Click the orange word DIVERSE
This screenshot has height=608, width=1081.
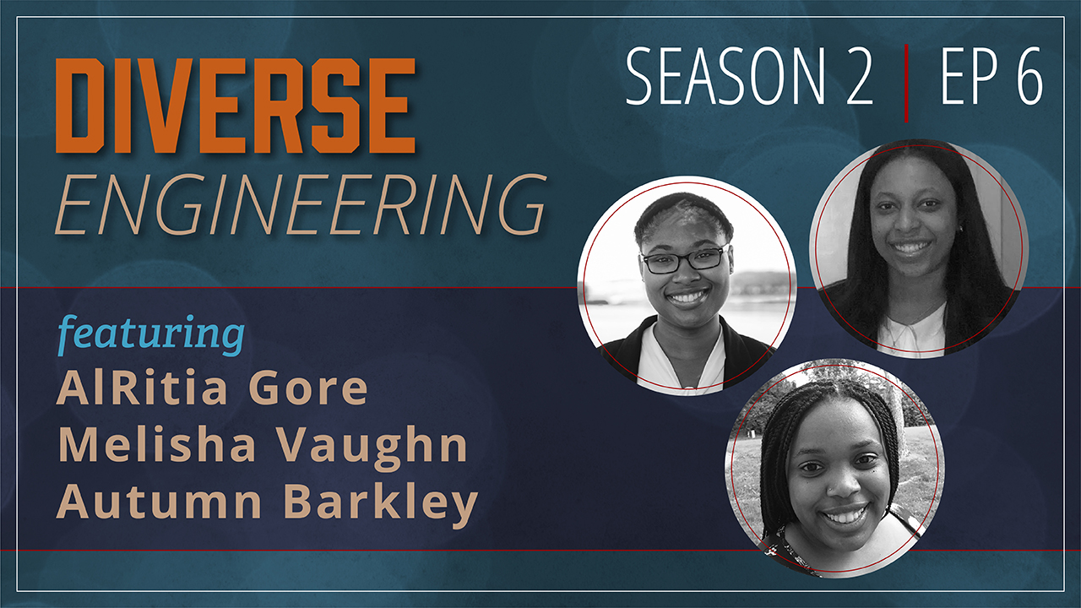coord(236,106)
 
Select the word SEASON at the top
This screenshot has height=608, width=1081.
coord(725,76)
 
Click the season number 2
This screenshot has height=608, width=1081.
coord(860,76)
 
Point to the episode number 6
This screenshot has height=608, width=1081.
coord(1029,76)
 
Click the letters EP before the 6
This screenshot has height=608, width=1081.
coord(969,76)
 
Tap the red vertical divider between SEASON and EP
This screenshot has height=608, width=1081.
coord(906,83)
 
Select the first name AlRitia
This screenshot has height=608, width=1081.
coord(142,387)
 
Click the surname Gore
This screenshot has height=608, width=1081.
coord(308,388)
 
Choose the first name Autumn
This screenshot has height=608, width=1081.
coord(160,502)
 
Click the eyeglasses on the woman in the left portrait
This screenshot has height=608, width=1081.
coord(685,260)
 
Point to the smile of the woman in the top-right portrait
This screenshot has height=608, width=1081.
coord(910,247)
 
